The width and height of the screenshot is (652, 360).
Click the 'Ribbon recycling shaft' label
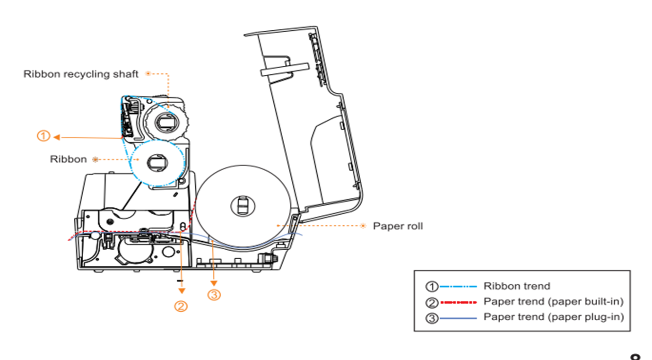(81, 74)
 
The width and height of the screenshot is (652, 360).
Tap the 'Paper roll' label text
(398, 226)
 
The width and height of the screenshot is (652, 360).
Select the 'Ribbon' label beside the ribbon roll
(69, 159)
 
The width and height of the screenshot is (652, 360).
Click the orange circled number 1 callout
(43, 136)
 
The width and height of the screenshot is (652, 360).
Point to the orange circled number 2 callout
(181, 306)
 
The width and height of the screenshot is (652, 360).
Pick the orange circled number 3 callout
(214, 295)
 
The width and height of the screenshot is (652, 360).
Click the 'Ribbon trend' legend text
(516, 286)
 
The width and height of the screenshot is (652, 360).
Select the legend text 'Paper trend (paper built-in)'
(553, 302)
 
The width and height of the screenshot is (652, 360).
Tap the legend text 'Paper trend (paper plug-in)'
(553, 317)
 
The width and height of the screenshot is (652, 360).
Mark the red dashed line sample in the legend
(458, 302)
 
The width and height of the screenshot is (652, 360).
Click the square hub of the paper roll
(242, 205)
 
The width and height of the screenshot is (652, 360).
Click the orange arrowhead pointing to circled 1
(56, 137)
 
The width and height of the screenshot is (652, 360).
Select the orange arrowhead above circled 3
(214, 283)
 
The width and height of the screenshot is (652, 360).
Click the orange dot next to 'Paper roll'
(363, 226)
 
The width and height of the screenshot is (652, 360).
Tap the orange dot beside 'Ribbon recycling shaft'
(148, 74)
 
